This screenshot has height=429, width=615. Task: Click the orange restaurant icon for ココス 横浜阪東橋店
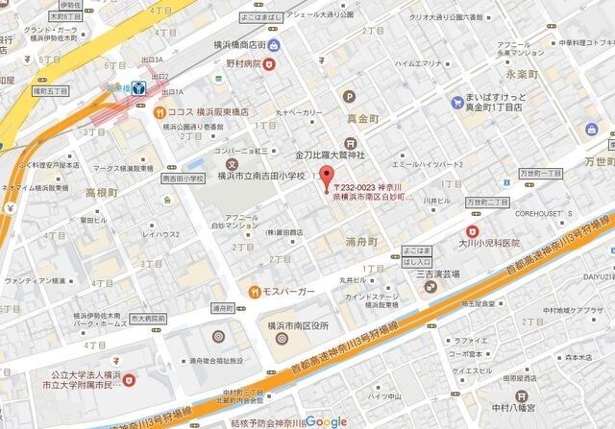tap(160, 110)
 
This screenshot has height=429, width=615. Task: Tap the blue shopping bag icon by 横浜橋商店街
tap(275, 45)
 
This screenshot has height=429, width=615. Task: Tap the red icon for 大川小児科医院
tap(472, 231)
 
